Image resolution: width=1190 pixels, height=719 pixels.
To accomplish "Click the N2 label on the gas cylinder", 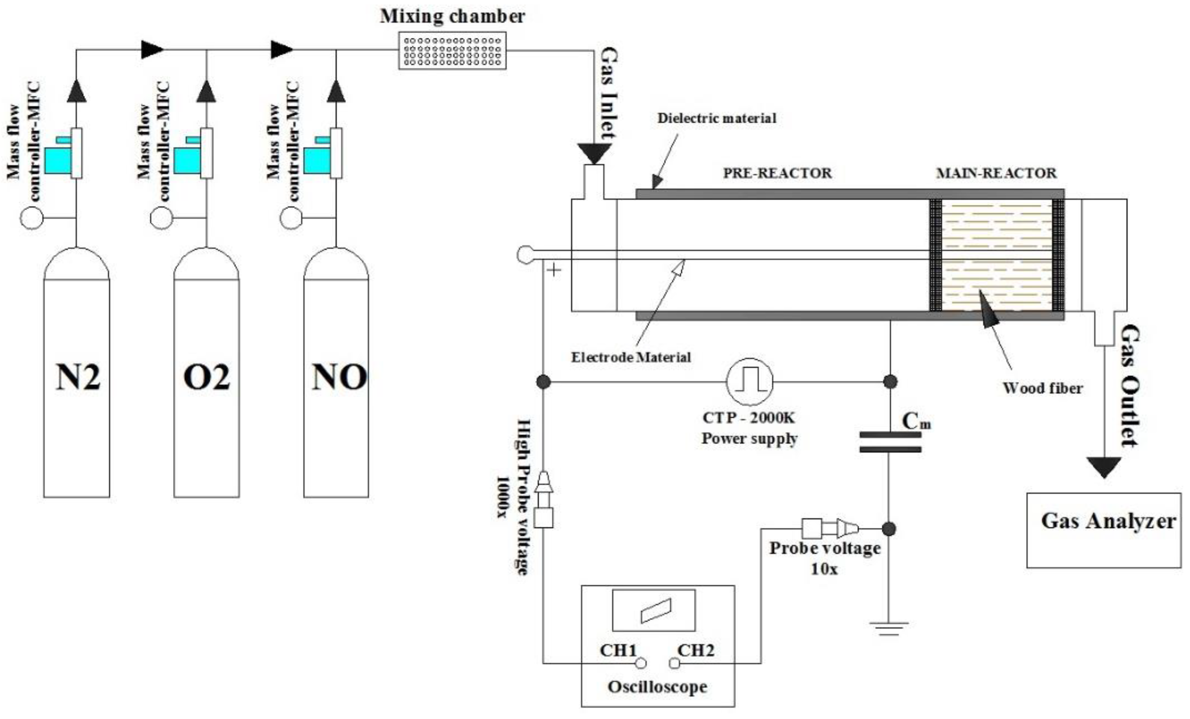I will (78, 377).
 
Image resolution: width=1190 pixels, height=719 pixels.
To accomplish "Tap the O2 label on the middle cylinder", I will (207, 377).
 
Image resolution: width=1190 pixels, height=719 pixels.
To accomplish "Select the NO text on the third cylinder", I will (339, 377).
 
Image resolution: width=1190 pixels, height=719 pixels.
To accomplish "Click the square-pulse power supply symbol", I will (749, 381).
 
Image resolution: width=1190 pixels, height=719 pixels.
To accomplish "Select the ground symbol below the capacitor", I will (889, 629).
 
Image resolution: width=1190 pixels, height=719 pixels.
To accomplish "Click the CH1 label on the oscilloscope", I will (618, 651).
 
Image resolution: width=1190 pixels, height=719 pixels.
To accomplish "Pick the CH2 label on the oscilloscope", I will (696, 651).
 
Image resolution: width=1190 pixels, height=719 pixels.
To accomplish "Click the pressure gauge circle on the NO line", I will (291, 218).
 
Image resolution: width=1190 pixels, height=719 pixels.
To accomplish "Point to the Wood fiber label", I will (1042, 388).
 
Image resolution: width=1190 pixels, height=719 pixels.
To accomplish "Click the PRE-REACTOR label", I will (777, 173).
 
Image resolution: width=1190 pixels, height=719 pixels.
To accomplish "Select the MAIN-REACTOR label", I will (996, 173).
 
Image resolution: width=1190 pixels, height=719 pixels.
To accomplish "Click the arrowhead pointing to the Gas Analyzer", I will (1104, 467).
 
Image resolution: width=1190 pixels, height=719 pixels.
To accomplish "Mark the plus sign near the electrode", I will (554, 270).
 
